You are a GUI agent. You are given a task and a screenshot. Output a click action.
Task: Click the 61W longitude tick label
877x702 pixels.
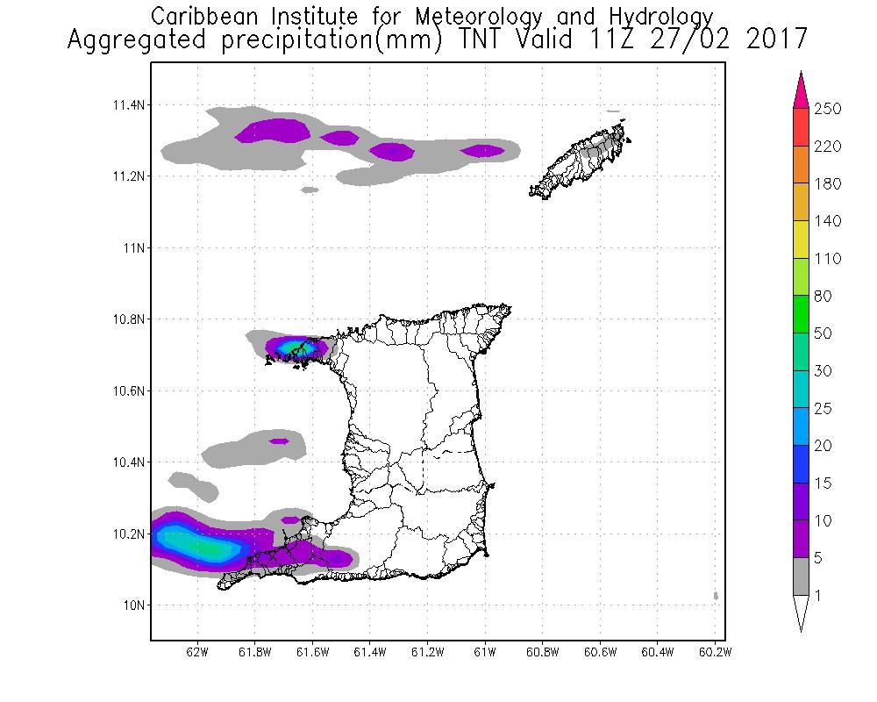point(485,652)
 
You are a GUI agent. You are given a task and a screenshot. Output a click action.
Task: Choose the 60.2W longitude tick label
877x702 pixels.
point(715,652)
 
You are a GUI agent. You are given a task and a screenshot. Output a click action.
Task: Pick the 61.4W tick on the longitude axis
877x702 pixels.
point(369,652)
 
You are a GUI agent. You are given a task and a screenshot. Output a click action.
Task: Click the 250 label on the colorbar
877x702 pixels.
point(828,109)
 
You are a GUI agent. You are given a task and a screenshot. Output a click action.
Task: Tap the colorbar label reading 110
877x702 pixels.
point(828,259)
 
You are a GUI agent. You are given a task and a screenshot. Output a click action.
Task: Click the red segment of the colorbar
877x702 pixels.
point(801,127)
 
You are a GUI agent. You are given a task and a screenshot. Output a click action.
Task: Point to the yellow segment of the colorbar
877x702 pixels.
point(801,240)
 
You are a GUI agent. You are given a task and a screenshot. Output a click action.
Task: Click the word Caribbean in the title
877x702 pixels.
point(197,16)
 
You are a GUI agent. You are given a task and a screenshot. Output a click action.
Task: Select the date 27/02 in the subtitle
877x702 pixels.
point(698,39)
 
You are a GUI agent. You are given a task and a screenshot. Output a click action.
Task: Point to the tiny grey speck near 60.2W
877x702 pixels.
point(717,595)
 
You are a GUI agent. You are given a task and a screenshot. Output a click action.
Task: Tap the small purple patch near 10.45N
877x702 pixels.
point(279,441)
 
